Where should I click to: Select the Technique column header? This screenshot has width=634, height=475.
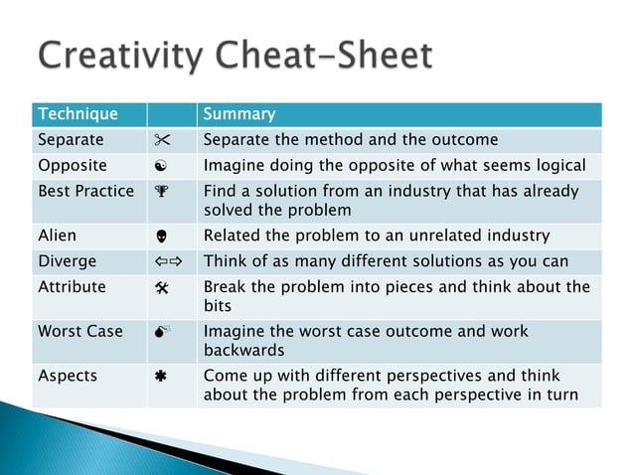(78, 115)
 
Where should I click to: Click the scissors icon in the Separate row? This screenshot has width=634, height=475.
(160, 140)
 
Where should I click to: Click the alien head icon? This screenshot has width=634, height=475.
(160, 237)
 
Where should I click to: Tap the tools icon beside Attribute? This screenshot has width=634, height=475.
(160, 287)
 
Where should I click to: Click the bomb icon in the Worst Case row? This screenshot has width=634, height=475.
(160, 332)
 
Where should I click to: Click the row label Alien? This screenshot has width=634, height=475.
(57, 237)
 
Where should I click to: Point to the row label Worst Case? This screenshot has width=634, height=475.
(79, 332)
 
